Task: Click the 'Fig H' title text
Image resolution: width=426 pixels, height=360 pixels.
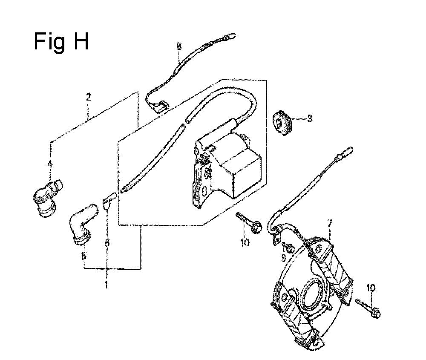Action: pos(61,42)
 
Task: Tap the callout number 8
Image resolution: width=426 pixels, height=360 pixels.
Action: pos(179,46)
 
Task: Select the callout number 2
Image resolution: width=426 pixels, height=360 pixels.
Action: pos(88,97)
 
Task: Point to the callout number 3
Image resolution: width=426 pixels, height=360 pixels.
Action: pos(309,119)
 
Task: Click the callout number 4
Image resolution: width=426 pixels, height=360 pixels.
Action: pos(50,164)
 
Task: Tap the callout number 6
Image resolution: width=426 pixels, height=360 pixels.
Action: pos(107,242)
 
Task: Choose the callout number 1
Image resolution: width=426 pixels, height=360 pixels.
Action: pos(106,285)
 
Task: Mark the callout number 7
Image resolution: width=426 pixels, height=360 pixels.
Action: pos(330,224)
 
